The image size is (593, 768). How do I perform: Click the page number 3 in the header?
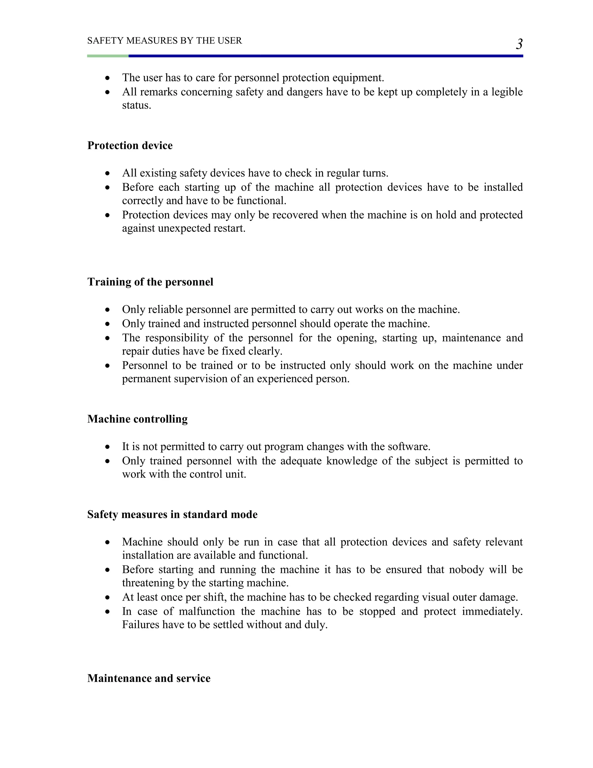[519, 44]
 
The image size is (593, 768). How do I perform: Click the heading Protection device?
[130, 145]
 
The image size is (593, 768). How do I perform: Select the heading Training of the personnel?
[150, 282]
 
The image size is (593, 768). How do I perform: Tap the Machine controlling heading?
[137, 419]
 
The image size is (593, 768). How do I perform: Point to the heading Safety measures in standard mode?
[172, 514]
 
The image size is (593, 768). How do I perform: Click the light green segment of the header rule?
[107, 56]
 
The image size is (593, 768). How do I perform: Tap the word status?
[136, 106]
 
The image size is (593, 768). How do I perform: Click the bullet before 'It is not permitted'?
[107, 447]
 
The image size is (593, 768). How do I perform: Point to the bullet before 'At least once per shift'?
[107, 598]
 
